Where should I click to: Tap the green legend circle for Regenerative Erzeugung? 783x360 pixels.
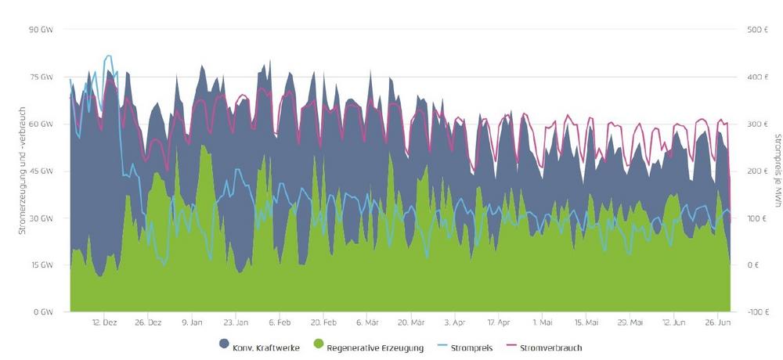pyautogui.click(x=316, y=346)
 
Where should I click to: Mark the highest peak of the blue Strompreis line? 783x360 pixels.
pyautogui.click(x=108, y=56)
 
